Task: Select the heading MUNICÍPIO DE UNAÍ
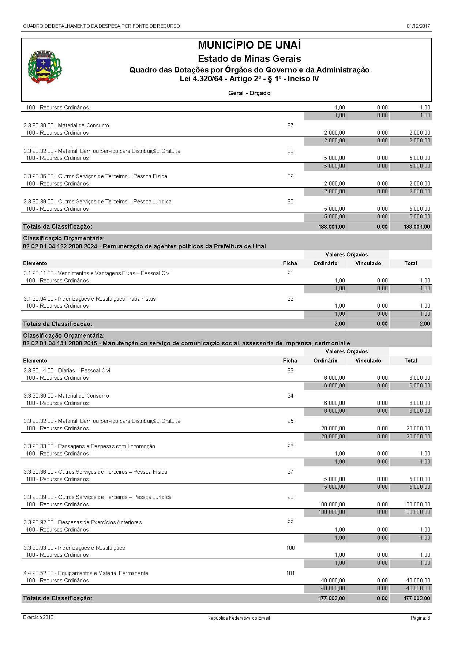pyautogui.click(x=249, y=45)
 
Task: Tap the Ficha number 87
pyautogui.click(x=290, y=125)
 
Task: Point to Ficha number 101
pyautogui.click(x=290, y=573)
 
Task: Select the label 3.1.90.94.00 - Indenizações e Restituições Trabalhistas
pyautogui.click(x=90, y=299)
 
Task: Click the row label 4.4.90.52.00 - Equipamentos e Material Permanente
pyautogui.click(x=86, y=573)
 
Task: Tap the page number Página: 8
pyautogui.click(x=420, y=618)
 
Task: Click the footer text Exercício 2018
pyautogui.click(x=38, y=617)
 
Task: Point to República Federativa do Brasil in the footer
pyautogui.click(x=239, y=618)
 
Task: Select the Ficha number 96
pyautogui.click(x=290, y=446)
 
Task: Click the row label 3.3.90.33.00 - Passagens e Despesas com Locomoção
pyautogui.click(x=89, y=446)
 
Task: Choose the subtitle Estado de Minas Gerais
pyautogui.click(x=249, y=59)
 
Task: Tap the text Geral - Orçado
pyautogui.click(x=249, y=93)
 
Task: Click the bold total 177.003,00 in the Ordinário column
pyautogui.click(x=331, y=598)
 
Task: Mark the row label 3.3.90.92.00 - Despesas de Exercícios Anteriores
pyautogui.click(x=83, y=522)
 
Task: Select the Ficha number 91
pyautogui.click(x=290, y=273)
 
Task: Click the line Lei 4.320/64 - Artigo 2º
pyautogui.click(x=249, y=79)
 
